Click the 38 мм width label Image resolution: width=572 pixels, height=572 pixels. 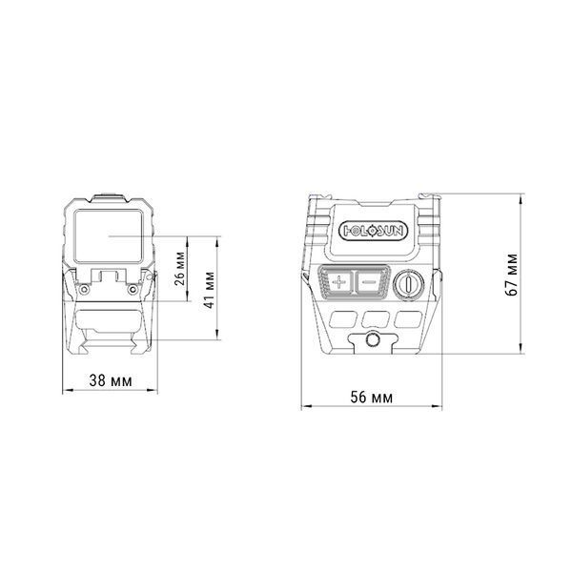coord(111,380)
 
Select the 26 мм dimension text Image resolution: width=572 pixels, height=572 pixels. coord(179,269)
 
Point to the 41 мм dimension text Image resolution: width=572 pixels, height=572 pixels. coord(209,290)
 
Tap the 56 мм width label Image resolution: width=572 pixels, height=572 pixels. coord(372,398)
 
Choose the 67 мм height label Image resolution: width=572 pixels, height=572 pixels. coord(512,276)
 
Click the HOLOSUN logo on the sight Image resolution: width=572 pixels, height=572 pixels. coord(373,231)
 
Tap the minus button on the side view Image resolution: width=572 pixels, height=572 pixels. coord(370,281)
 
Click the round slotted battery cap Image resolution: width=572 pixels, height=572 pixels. coord(409,284)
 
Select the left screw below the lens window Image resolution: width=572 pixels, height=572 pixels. coord(85,289)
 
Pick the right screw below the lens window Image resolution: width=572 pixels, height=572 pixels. coord(133,289)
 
